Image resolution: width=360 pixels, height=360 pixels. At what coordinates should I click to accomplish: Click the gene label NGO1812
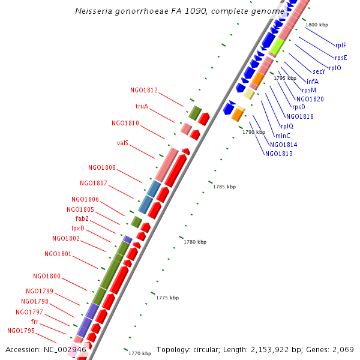pyautogui.click(x=143, y=91)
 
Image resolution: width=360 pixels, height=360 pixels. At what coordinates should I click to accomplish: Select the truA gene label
pyautogui.click(x=142, y=107)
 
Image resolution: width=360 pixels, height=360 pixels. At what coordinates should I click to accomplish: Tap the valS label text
pyautogui.click(x=122, y=143)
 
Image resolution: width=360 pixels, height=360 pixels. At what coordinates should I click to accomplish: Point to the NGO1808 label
pyautogui.click(x=102, y=168)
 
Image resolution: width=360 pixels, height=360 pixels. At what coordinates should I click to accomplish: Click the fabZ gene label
pyautogui.click(x=82, y=218)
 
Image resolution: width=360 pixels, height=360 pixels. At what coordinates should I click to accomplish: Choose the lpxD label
pyautogui.click(x=78, y=228)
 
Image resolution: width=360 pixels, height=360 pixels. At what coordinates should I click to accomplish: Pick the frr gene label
pyautogui.click(x=35, y=322)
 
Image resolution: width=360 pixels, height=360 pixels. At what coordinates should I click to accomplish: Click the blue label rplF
pyautogui.click(x=341, y=45)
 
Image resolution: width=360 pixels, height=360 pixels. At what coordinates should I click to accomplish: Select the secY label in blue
pyautogui.click(x=319, y=72)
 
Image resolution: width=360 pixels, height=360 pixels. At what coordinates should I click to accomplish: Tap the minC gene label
pyautogui.click(x=283, y=136)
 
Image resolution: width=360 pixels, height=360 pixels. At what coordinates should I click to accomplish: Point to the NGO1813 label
pyautogui.click(x=279, y=154)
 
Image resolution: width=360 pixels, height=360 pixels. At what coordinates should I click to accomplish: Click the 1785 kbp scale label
pyautogui.click(x=224, y=187)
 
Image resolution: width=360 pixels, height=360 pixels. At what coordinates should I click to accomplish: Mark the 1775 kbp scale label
pyautogui.click(x=167, y=298)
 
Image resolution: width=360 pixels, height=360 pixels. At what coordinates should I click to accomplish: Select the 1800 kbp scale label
pyautogui.click(x=317, y=25)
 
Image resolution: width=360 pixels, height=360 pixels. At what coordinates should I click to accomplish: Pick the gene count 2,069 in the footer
pyautogui.click(x=342, y=349)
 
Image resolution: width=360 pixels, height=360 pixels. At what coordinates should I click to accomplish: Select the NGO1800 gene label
pyautogui.click(x=47, y=276)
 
